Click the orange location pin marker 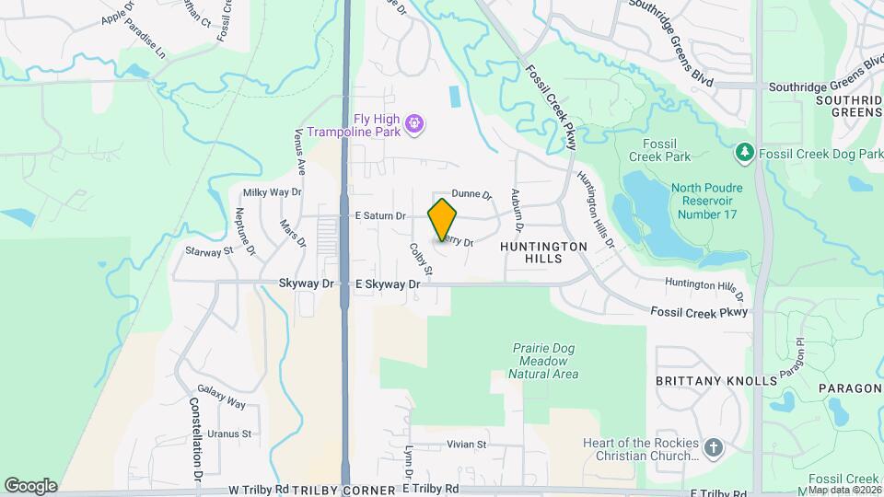[x=443, y=219]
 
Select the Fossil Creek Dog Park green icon [x=744, y=151]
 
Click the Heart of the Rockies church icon [x=713, y=449]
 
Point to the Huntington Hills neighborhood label [x=543, y=253]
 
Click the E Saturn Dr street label [x=380, y=215]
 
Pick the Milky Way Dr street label [x=272, y=192]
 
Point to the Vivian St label [x=466, y=445]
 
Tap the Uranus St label [x=229, y=433]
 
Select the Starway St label [x=209, y=250]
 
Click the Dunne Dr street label [x=473, y=194]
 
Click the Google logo [x=30, y=485]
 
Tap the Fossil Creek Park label [x=659, y=150]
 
